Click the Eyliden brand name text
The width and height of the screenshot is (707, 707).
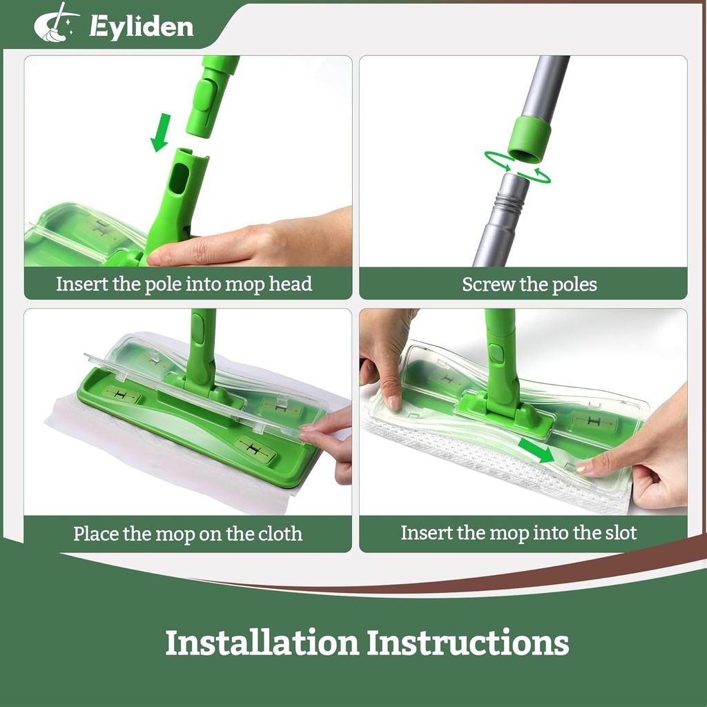(141, 27)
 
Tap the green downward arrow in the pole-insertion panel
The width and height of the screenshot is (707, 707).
(161, 132)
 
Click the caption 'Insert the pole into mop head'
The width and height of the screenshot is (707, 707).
(184, 284)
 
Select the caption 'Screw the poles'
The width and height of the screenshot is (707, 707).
(530, 284)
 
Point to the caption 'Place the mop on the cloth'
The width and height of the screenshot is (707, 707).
(188, 534)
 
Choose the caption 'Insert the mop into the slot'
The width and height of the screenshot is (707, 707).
(519, 533)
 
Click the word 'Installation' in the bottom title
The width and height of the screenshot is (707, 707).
(262, 642)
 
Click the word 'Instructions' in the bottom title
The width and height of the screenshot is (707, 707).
(467, 642)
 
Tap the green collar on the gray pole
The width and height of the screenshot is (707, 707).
(529, 139)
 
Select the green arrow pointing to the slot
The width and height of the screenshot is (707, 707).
(536, 452)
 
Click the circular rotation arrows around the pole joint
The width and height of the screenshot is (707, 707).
(517, 168)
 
